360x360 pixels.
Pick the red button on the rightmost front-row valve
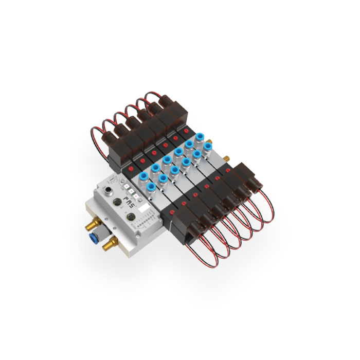(239, 170)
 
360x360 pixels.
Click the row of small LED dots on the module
(146, 222)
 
